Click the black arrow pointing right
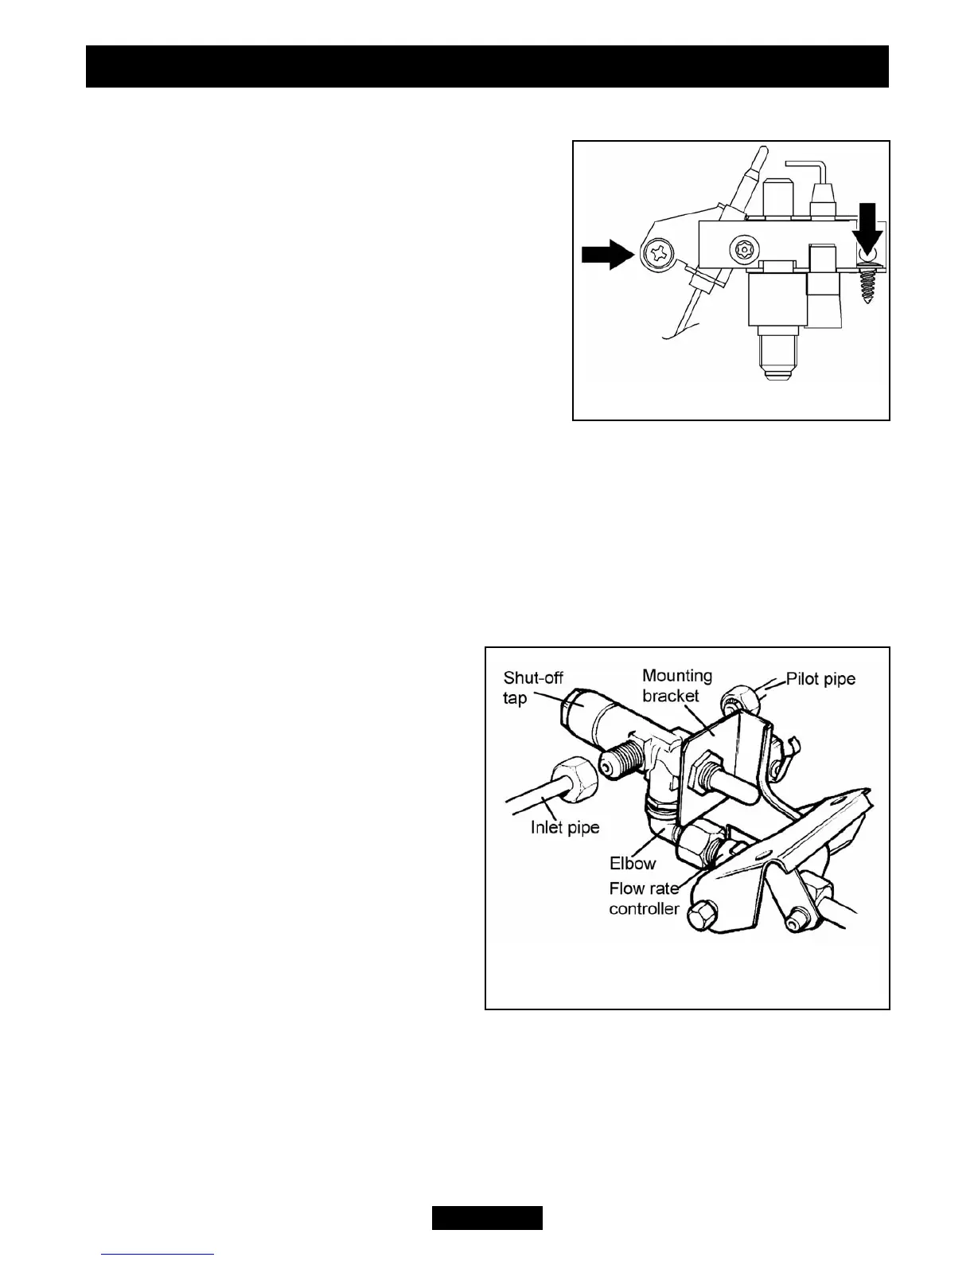coord(605,254)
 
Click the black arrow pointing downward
coord(867,227)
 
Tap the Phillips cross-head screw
coord(660,254)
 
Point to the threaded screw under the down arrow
coord(867,283)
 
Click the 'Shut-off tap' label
coord(532,688)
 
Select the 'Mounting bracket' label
coord(676,685)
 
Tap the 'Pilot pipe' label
coord(820,679)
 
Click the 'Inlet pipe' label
coord(565,828)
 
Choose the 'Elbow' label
coord(632,864)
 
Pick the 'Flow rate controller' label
coord(644,898)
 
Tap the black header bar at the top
coord(487,66)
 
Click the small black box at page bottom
coord(487,1218)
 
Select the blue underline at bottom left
coord(158,1255)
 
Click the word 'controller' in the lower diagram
coord(644,908)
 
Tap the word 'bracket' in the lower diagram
coord(671,695)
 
